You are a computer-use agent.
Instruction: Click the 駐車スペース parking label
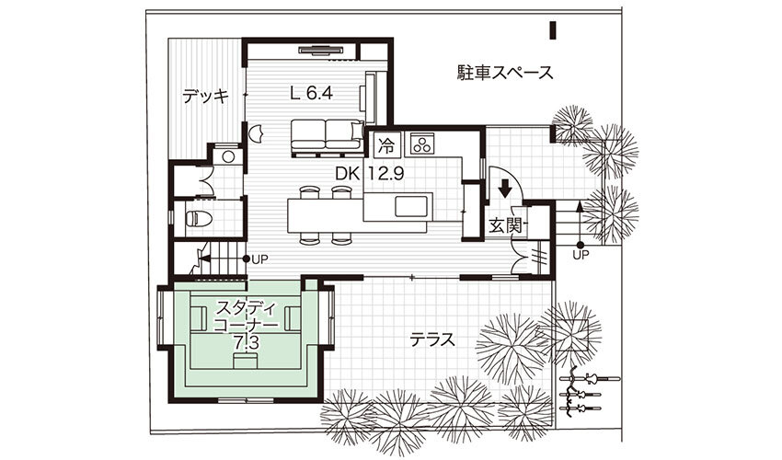point(505,73)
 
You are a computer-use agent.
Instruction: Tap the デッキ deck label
point(205,96)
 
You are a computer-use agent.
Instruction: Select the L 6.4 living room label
point(311,93)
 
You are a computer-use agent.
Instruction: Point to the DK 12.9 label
point(370,174)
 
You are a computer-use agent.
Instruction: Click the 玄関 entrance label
point(505,225)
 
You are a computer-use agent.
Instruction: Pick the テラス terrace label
point(432,339)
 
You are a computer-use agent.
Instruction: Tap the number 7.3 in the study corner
point(246,343)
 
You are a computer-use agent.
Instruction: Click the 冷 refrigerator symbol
point(385,145)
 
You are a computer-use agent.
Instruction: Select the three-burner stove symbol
point(423,144)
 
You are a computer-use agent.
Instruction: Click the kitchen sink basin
point(411,207)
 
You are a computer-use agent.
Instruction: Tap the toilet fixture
point(199,219)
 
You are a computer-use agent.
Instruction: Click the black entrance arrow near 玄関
point(506,189)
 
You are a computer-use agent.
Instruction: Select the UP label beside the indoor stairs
point(259,259)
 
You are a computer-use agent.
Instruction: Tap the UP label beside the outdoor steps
point(581,255)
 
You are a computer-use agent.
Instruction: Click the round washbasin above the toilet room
point(228,156)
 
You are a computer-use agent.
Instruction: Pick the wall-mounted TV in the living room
point(321,49)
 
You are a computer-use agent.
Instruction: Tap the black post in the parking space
point(553,30)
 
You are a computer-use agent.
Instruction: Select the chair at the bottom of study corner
point(246,361)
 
